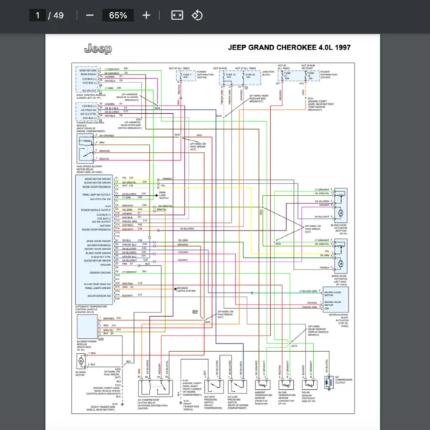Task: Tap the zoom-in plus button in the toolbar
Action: pyautogui.click(x=146, y=15)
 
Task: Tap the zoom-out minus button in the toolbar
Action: pyautogui.click(x=90, y=15)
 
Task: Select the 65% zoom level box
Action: pyautogui.click(x=118, y=15)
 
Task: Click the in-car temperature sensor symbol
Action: pyautogui.click(x=287, y=387)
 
